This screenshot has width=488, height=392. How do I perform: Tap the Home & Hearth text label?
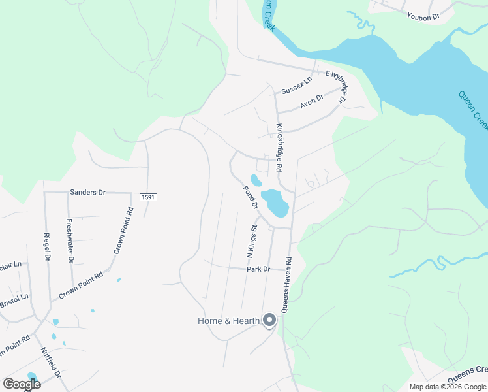[228, 321]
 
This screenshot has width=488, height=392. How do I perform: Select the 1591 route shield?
[147, 197]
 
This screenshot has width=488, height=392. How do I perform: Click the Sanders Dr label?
[87, 193]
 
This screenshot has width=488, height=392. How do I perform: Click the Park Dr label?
[258, 269]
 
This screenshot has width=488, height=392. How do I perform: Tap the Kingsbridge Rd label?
[279, 148]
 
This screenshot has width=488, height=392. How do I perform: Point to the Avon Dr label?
[311, 101]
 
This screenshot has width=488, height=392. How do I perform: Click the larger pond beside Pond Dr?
[275, 203]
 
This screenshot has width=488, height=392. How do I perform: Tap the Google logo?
[21, 384]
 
